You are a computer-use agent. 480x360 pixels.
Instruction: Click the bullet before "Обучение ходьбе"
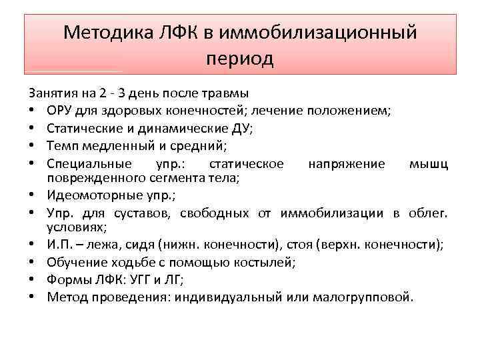click(32, 263)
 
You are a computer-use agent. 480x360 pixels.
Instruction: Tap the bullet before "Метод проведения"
click(32, 297)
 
